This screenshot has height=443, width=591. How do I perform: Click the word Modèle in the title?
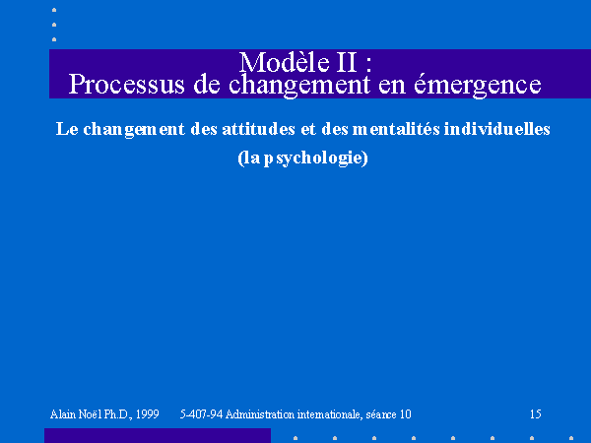click(285, 62)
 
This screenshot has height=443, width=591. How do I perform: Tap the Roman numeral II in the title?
click(346, 62)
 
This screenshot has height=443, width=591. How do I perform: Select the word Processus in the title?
click(127, 84)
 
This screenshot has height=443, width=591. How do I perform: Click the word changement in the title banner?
click(299, 85)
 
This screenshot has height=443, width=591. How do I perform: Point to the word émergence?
click(478, 85)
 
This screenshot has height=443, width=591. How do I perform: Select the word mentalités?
click(396, 129)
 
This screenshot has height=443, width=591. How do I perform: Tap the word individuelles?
click(497, 129)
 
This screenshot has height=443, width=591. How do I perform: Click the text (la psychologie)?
click(302, 158)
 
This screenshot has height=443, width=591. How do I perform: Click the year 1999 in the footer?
click(148, 414)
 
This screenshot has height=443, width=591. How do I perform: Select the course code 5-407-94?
click(201, 414)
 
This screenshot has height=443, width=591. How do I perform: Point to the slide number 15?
click(536, 414)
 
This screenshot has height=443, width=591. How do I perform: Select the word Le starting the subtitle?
click(67, 129)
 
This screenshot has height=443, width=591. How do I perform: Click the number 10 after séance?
click(406, 414)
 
